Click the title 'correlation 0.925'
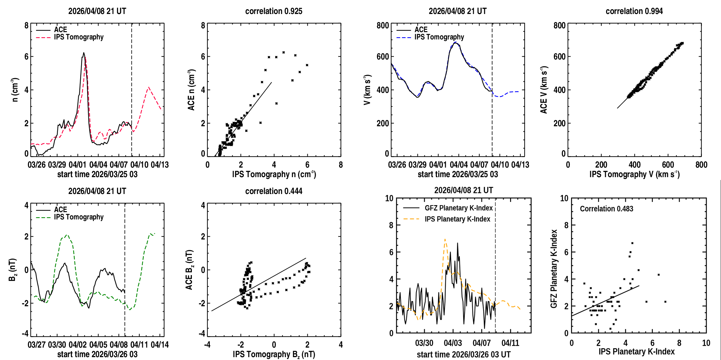274,11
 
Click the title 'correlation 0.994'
634,11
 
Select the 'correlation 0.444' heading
274,191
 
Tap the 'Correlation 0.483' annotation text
606,209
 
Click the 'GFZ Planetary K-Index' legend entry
458,208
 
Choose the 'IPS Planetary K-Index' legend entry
457,219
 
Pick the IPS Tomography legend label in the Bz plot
79,217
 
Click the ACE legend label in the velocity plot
421,30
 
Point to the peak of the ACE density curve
84,53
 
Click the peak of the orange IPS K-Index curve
445,239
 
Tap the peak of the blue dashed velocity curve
455,42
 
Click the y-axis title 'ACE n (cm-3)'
191,90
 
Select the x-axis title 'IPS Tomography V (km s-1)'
634,174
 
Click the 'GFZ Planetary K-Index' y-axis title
554,269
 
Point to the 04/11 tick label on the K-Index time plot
510,343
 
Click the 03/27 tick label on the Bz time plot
37,345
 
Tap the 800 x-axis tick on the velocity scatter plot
701,165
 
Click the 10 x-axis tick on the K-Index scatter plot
706,343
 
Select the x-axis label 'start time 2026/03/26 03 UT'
464,355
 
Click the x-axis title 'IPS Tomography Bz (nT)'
274,355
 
